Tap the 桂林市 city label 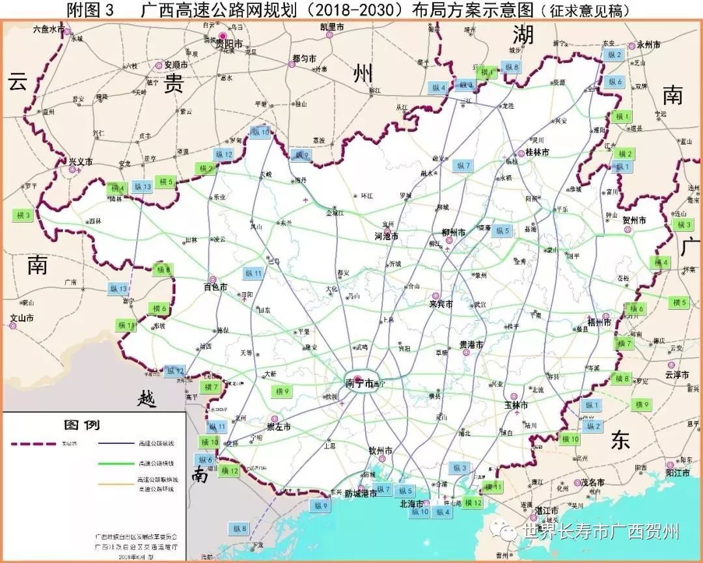[536, 152]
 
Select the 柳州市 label [452, 232]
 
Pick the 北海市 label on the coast [415, 503]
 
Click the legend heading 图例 [81, 425]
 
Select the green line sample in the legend [118, 463]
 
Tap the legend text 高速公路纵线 [156, 444]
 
